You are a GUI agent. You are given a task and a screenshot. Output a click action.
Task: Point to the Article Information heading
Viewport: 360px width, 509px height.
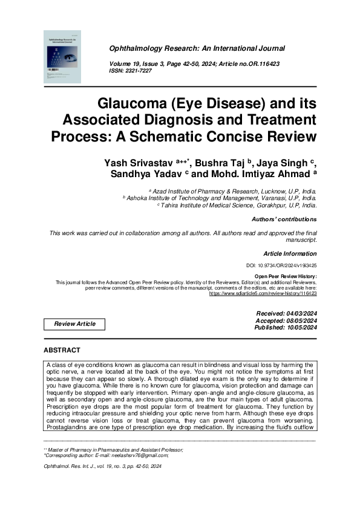[289, 254]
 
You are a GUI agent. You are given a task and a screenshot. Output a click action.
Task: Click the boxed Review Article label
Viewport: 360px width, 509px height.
[74, 324]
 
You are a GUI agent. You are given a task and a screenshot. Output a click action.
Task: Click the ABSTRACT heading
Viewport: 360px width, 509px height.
[62, 351]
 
